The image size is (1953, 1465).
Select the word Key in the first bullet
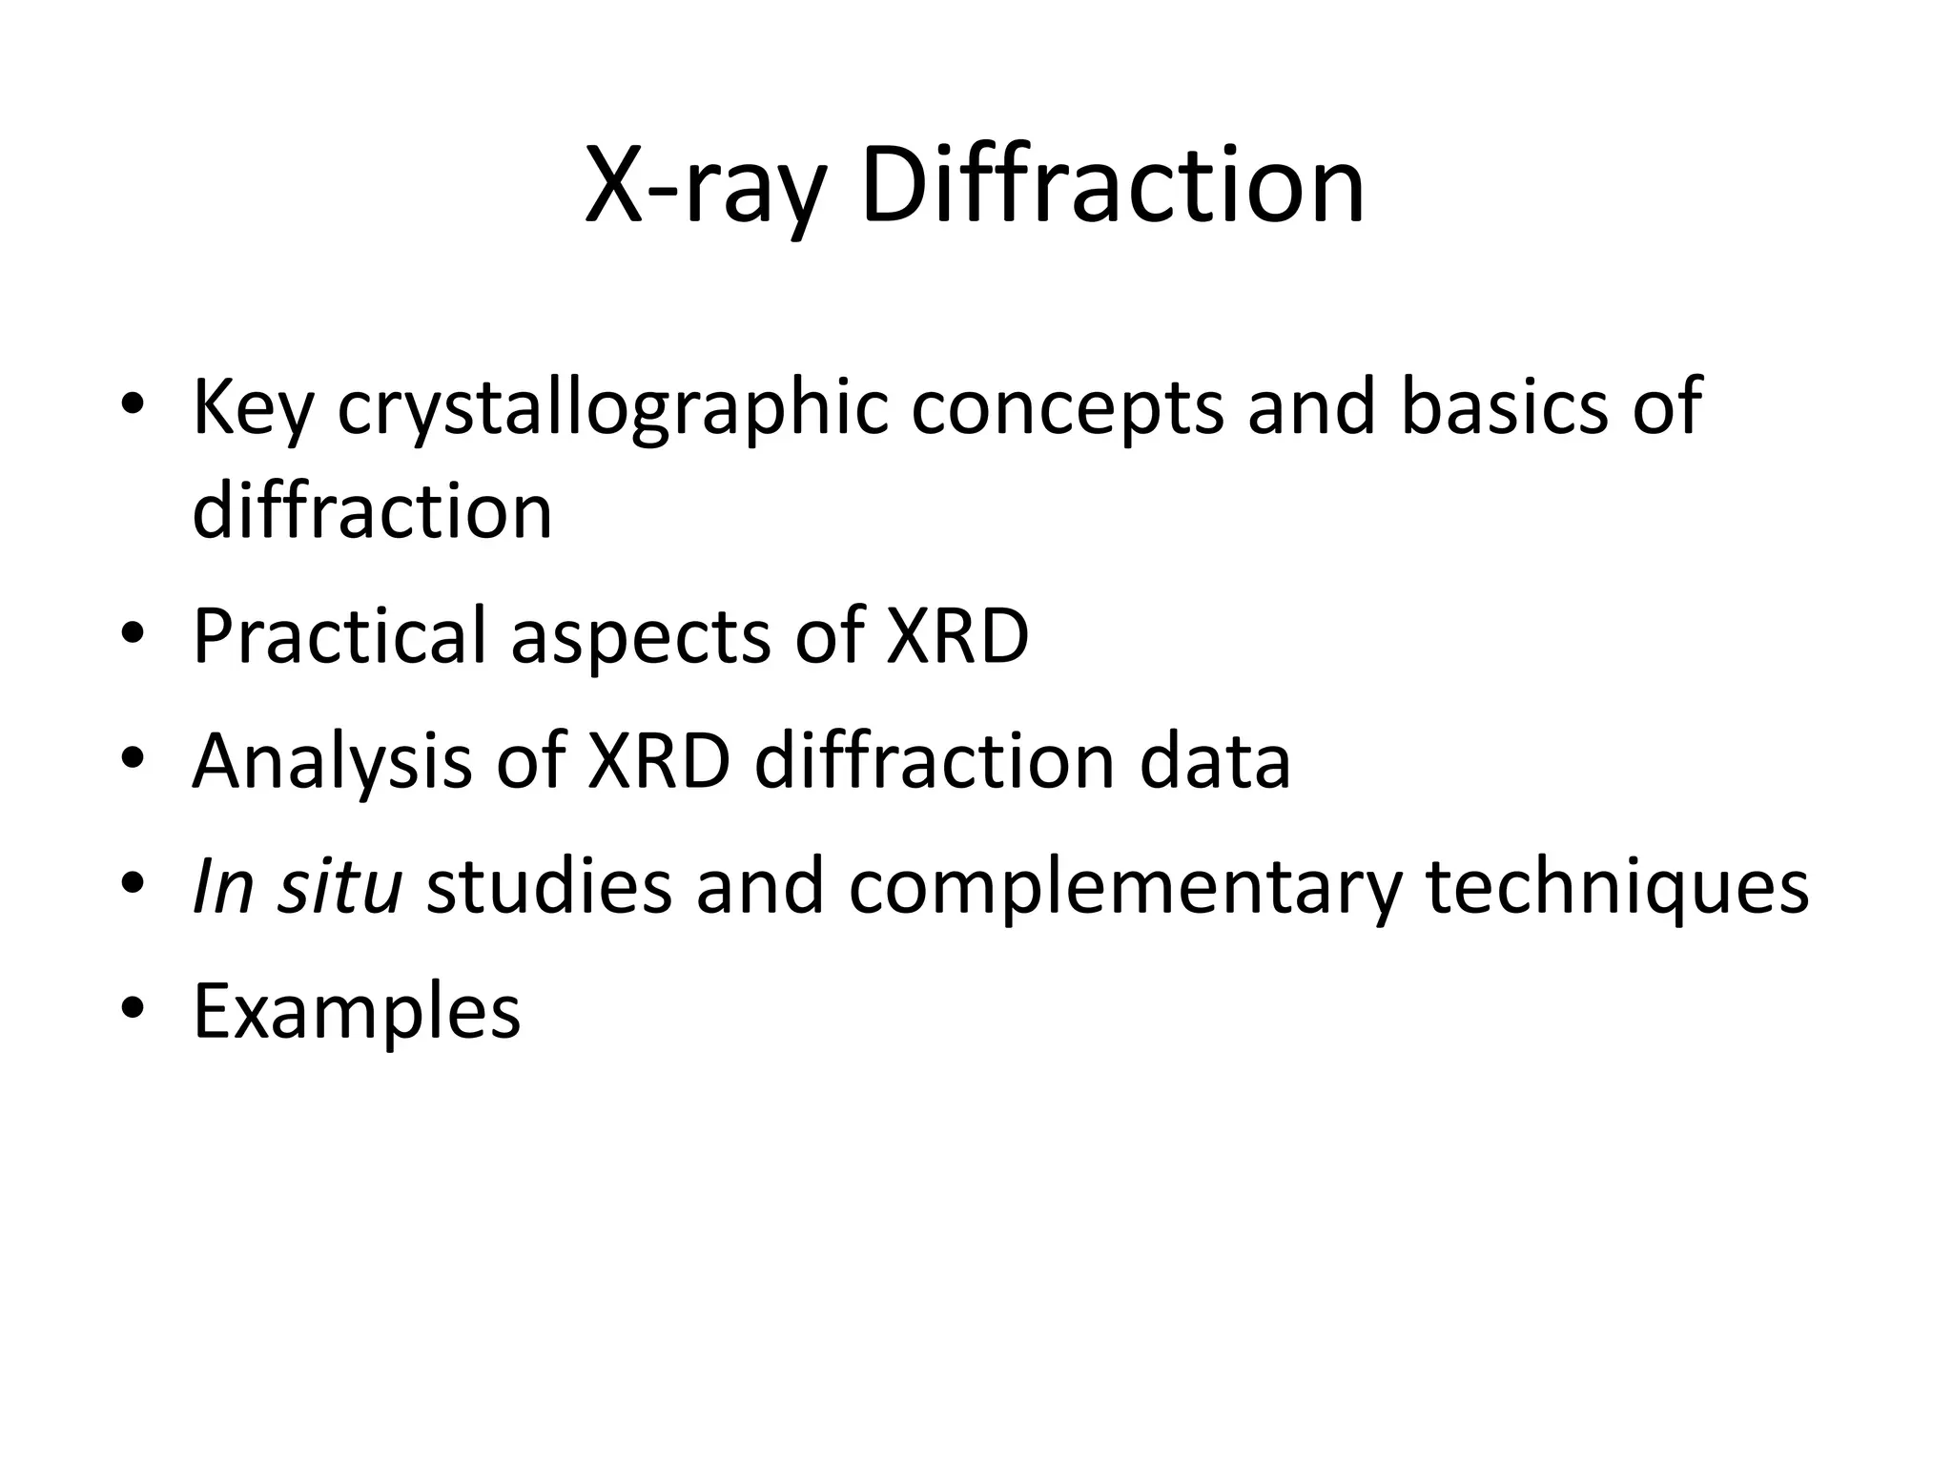point(253,408)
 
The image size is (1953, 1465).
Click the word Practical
point(339,635)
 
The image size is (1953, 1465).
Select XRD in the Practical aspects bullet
point(956,635)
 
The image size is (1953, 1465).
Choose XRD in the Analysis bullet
point(659,761)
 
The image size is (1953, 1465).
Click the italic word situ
point(339,886)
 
